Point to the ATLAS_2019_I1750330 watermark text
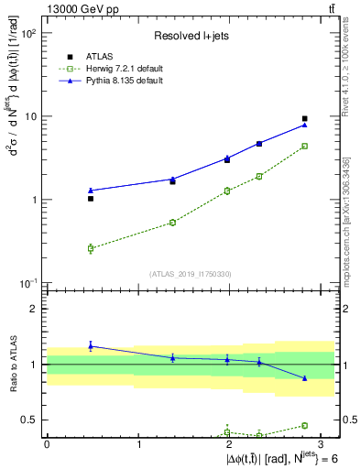coord(190,273)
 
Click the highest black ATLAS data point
coord(305,119)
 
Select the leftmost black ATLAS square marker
coord(91,198)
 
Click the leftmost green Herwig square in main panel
coord(91,248)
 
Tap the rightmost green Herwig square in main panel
coord(305,146)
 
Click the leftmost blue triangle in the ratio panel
coord(91,345)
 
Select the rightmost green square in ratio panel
coord(305,425)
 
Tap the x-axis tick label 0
coord(47,444)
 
